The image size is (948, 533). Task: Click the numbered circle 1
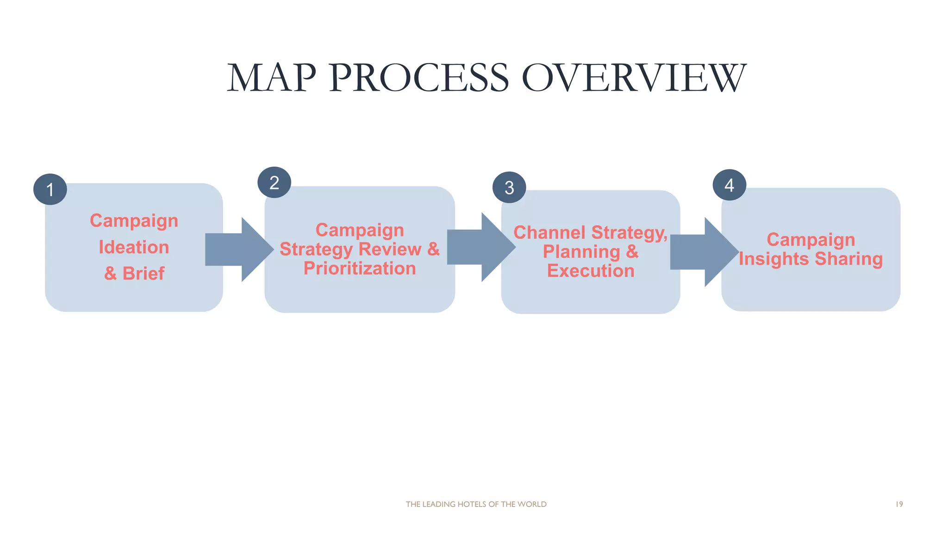click(x=50, y=189)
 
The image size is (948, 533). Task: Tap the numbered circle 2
click(x=274, y=182)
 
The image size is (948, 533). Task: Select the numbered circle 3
click(x=509, y=187)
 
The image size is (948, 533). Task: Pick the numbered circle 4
click(x=729, y=185)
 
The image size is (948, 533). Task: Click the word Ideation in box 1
click(x=134, y=247)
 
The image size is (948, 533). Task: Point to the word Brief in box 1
click(x=143, y=273)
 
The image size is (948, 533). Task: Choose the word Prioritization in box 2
click(x=360, y=268)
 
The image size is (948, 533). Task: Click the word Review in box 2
click(x=390, y=249)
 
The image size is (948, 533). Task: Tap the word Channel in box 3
click(x=549, y=232)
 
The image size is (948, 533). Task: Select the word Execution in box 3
click(x=591, y=271)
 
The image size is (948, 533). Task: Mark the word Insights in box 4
click(x=774, y=259)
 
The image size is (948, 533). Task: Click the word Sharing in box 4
click(x=848, y=259)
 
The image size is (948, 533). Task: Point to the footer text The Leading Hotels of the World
click(x=476, y=504)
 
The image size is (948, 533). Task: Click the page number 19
click(x=899, y=504)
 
